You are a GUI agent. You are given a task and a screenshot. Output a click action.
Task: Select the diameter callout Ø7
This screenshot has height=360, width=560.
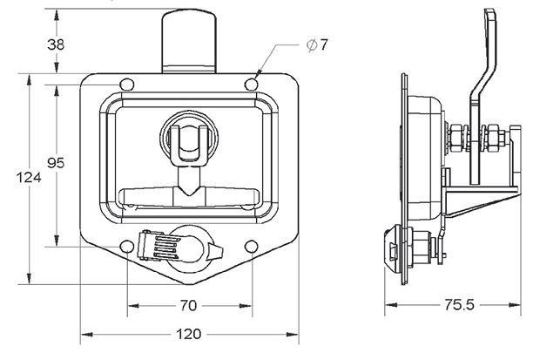point(317,44)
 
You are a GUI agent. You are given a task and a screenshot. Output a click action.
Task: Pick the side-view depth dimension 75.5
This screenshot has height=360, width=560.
point(453,306)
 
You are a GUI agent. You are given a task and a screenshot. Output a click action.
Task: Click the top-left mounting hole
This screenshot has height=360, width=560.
point(127,85)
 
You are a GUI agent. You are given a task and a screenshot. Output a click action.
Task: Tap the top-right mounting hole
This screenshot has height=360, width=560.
point(252,85)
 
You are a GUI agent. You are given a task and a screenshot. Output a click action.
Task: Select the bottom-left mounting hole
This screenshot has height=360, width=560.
point(127,245)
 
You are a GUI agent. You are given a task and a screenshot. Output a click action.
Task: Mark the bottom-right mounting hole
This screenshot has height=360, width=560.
point(252,245)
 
